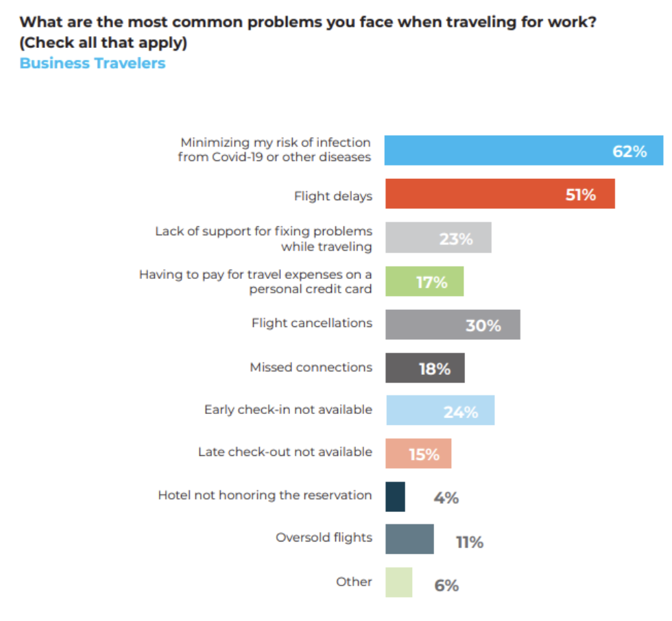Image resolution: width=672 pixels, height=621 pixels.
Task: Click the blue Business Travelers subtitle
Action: pos(93,63)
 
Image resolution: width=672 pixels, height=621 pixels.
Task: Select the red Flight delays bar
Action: pos(499,194)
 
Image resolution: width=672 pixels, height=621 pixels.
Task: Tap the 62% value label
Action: pos(629,151)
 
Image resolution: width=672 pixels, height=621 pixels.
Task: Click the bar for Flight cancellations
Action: pos(453,325)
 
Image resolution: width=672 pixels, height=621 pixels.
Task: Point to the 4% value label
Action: pos(446,498)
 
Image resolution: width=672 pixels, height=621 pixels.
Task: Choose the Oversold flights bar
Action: pos(409,539)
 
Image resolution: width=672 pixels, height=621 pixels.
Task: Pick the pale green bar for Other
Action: pos(398,583)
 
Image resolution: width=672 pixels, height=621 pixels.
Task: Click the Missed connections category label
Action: pos(311,367)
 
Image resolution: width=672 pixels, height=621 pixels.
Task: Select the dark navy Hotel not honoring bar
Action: pos(395,497)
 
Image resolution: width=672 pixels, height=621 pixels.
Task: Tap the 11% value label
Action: pos(470,543)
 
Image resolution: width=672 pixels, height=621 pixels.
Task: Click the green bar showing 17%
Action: pos(424,282)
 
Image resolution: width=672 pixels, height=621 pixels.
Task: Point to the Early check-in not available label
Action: pos(288,410)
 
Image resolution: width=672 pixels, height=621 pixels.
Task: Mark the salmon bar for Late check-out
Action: pos(418,454)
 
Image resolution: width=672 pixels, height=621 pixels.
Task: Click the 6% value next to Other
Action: pos(446,586)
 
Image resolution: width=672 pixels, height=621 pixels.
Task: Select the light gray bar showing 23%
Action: pos(437,238)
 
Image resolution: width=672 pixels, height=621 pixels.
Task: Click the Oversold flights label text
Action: pos(324,537)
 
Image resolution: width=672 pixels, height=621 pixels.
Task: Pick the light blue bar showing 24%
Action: pos(440,411)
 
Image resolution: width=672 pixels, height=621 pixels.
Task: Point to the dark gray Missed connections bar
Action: pos(424,368)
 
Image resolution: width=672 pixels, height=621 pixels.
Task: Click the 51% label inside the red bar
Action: pos(580,195)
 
